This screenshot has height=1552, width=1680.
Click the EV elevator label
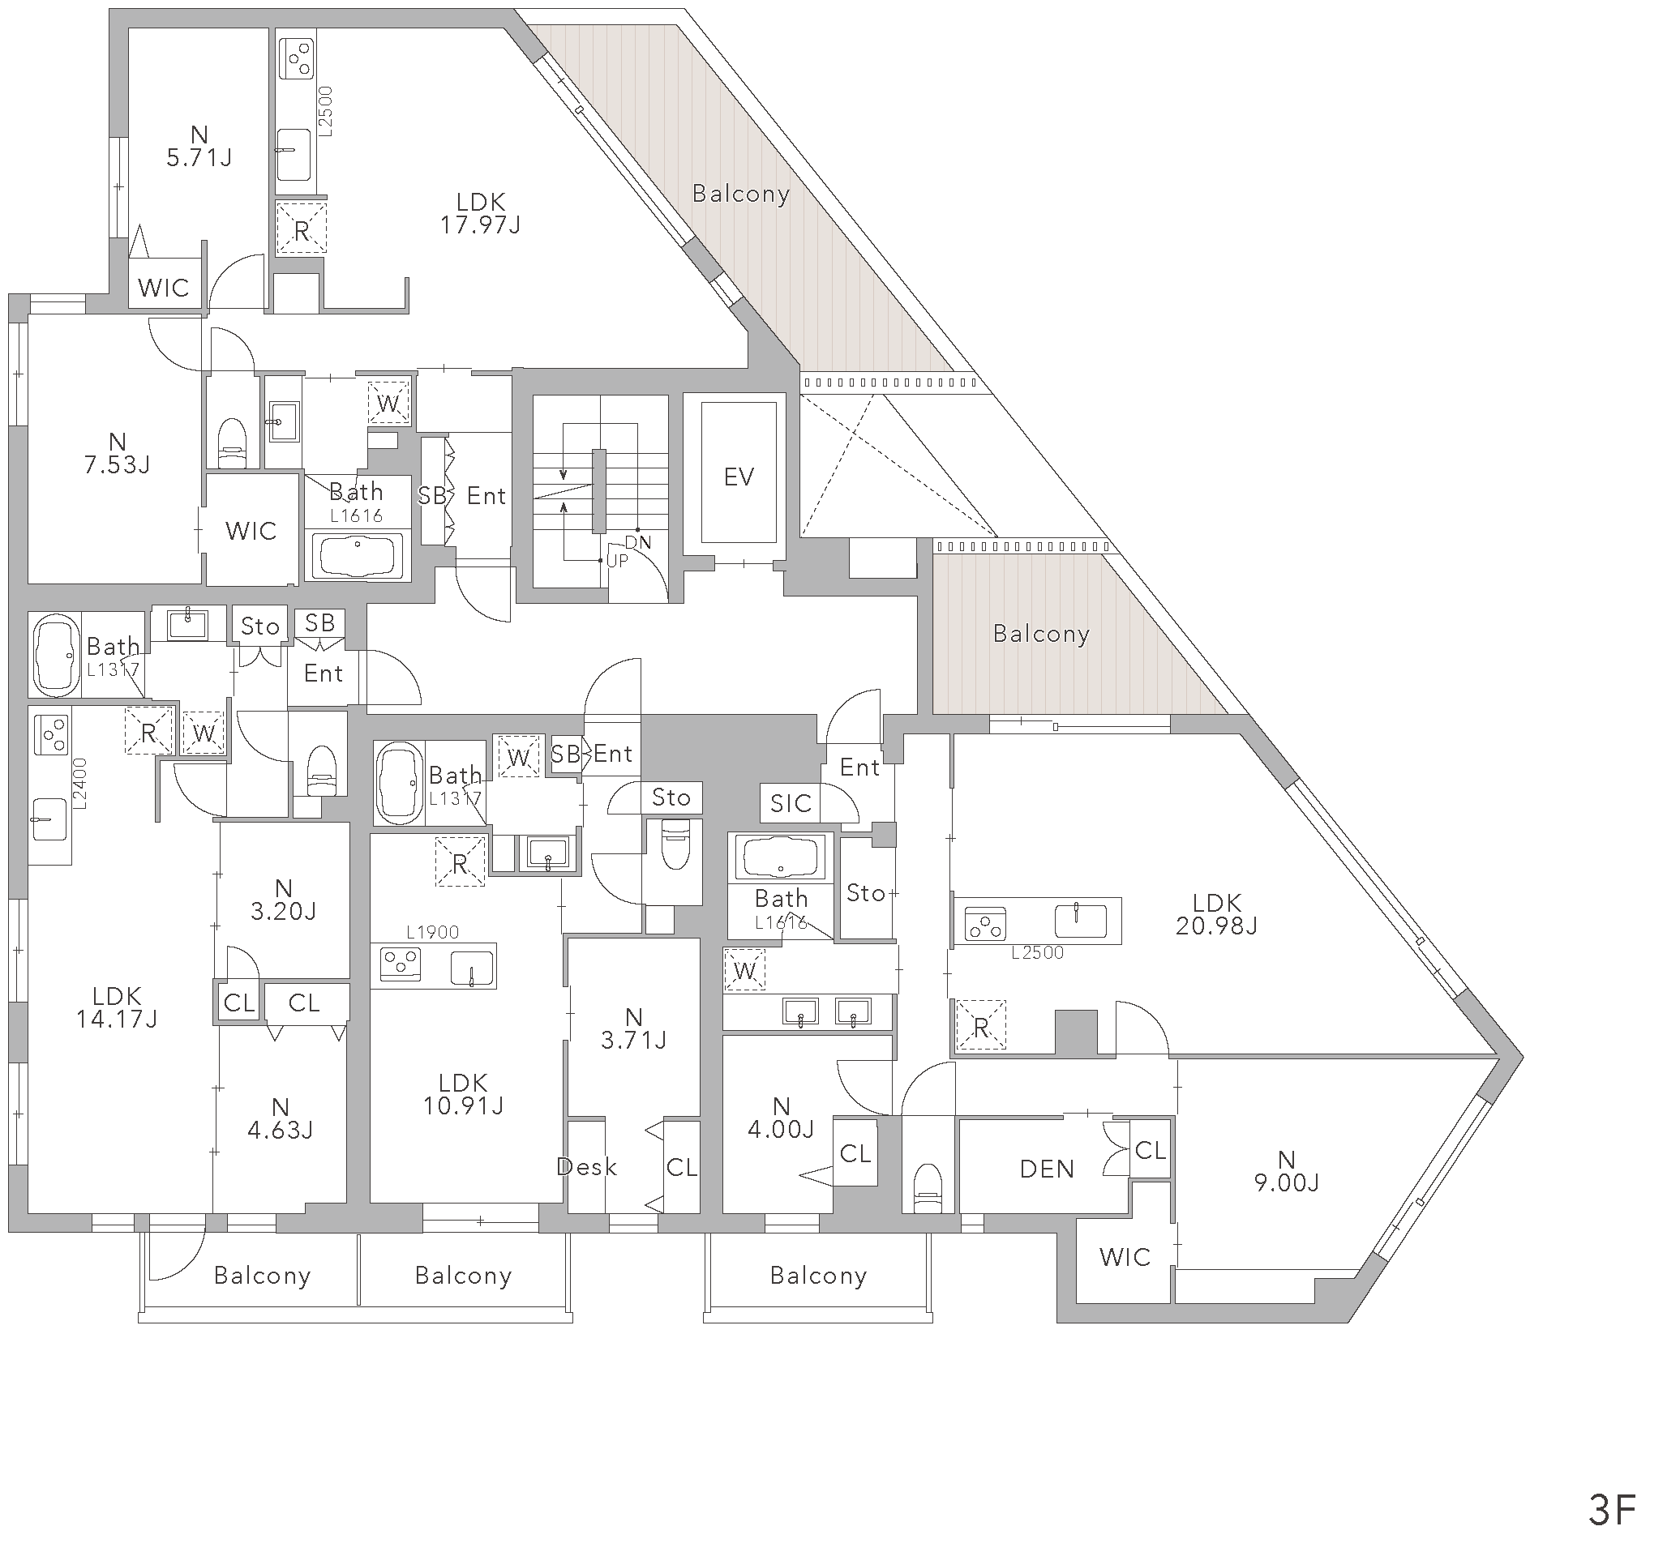tap(739, 477)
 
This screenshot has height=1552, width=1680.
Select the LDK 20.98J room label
tap(1216, 913)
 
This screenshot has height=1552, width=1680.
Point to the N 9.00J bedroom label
tap(1286, 1171)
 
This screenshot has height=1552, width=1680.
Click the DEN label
tap(1047, 1169)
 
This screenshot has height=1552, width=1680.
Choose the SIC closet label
tap(791, 804)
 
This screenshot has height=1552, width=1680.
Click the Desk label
tap(586, 1166)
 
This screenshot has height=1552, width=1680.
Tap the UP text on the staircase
tap(617, 561)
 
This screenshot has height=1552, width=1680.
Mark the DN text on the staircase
tap(637, 542)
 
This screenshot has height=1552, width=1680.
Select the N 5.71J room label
tap(199, 146)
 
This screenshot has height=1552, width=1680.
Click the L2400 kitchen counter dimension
tap(79, 784)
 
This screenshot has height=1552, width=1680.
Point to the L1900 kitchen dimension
tap(433, 932)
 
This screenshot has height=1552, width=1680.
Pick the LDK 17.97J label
tap(481, 213)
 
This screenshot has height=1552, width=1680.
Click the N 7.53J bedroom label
tap(117, 453)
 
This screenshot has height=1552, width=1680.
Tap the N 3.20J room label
tap(283, 900)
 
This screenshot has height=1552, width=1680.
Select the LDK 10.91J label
tap(463, 1093)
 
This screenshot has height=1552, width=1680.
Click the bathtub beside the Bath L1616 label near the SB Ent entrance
tap(357, 555)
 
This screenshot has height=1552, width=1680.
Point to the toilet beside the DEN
tap(928, 1187)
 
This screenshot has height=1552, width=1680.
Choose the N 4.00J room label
tap(781, 1118)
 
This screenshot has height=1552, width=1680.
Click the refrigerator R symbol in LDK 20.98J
tap(981, 1024)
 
